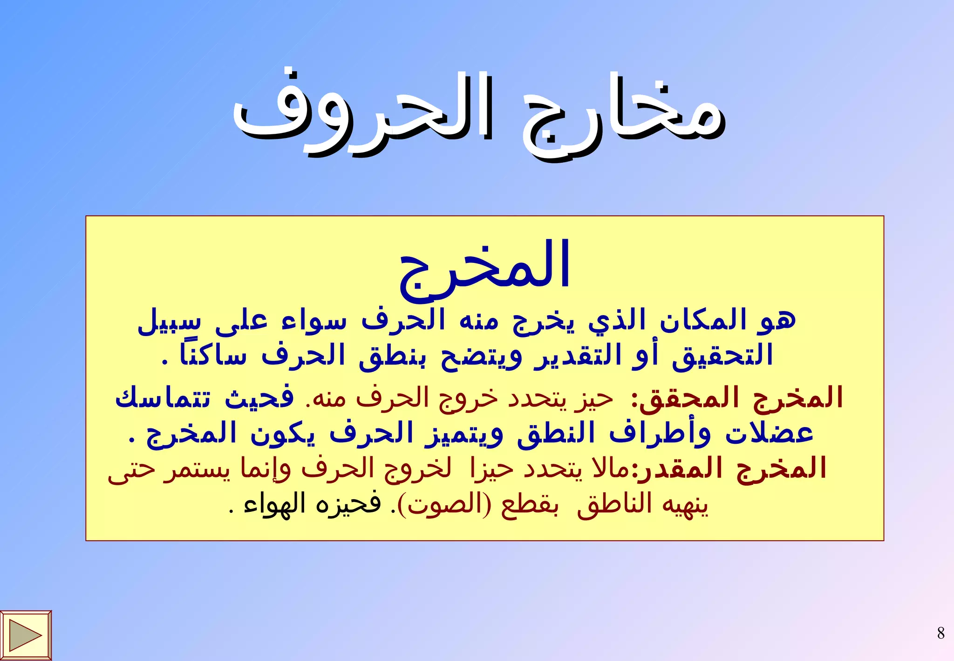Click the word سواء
tap(314, 321)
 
